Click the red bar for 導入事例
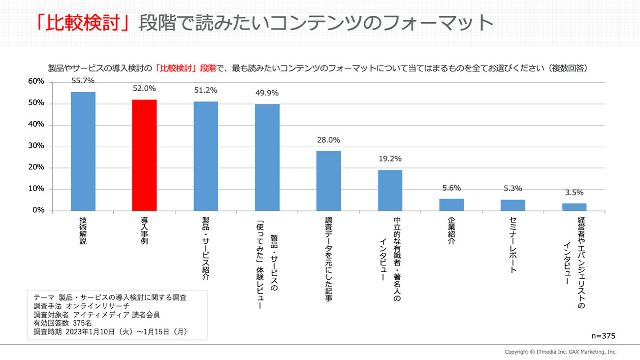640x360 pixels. click(144, 155)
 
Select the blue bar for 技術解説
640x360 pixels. click(83, 151)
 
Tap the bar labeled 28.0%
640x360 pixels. click(328, 181)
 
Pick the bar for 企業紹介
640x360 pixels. click(451, 205)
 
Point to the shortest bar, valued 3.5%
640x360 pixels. click(574, 207)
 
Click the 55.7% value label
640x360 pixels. click(83, 81)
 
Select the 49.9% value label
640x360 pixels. click(267, 93)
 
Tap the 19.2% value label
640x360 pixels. click(390, 159)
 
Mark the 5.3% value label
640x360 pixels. click(512, 188)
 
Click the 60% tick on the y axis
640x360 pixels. click(36, 82)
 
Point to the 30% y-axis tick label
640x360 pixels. click(36, 146)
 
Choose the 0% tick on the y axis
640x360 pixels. click(38, 210)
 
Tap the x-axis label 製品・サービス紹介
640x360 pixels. click(206, 249)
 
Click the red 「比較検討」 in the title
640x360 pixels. click(84, 22)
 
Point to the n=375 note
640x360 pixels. click(603, 336)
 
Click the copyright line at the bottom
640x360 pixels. click(560, 352)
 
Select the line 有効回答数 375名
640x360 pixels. click(63, 323)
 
